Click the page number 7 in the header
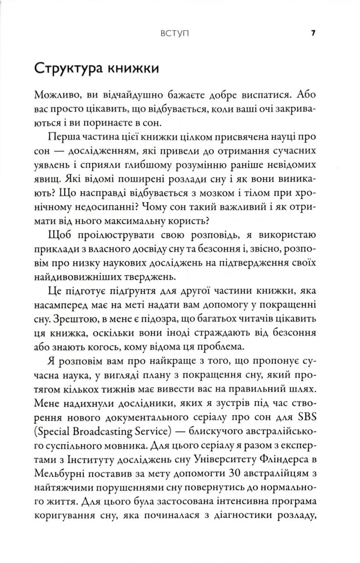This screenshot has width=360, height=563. (x=313, y=33)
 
